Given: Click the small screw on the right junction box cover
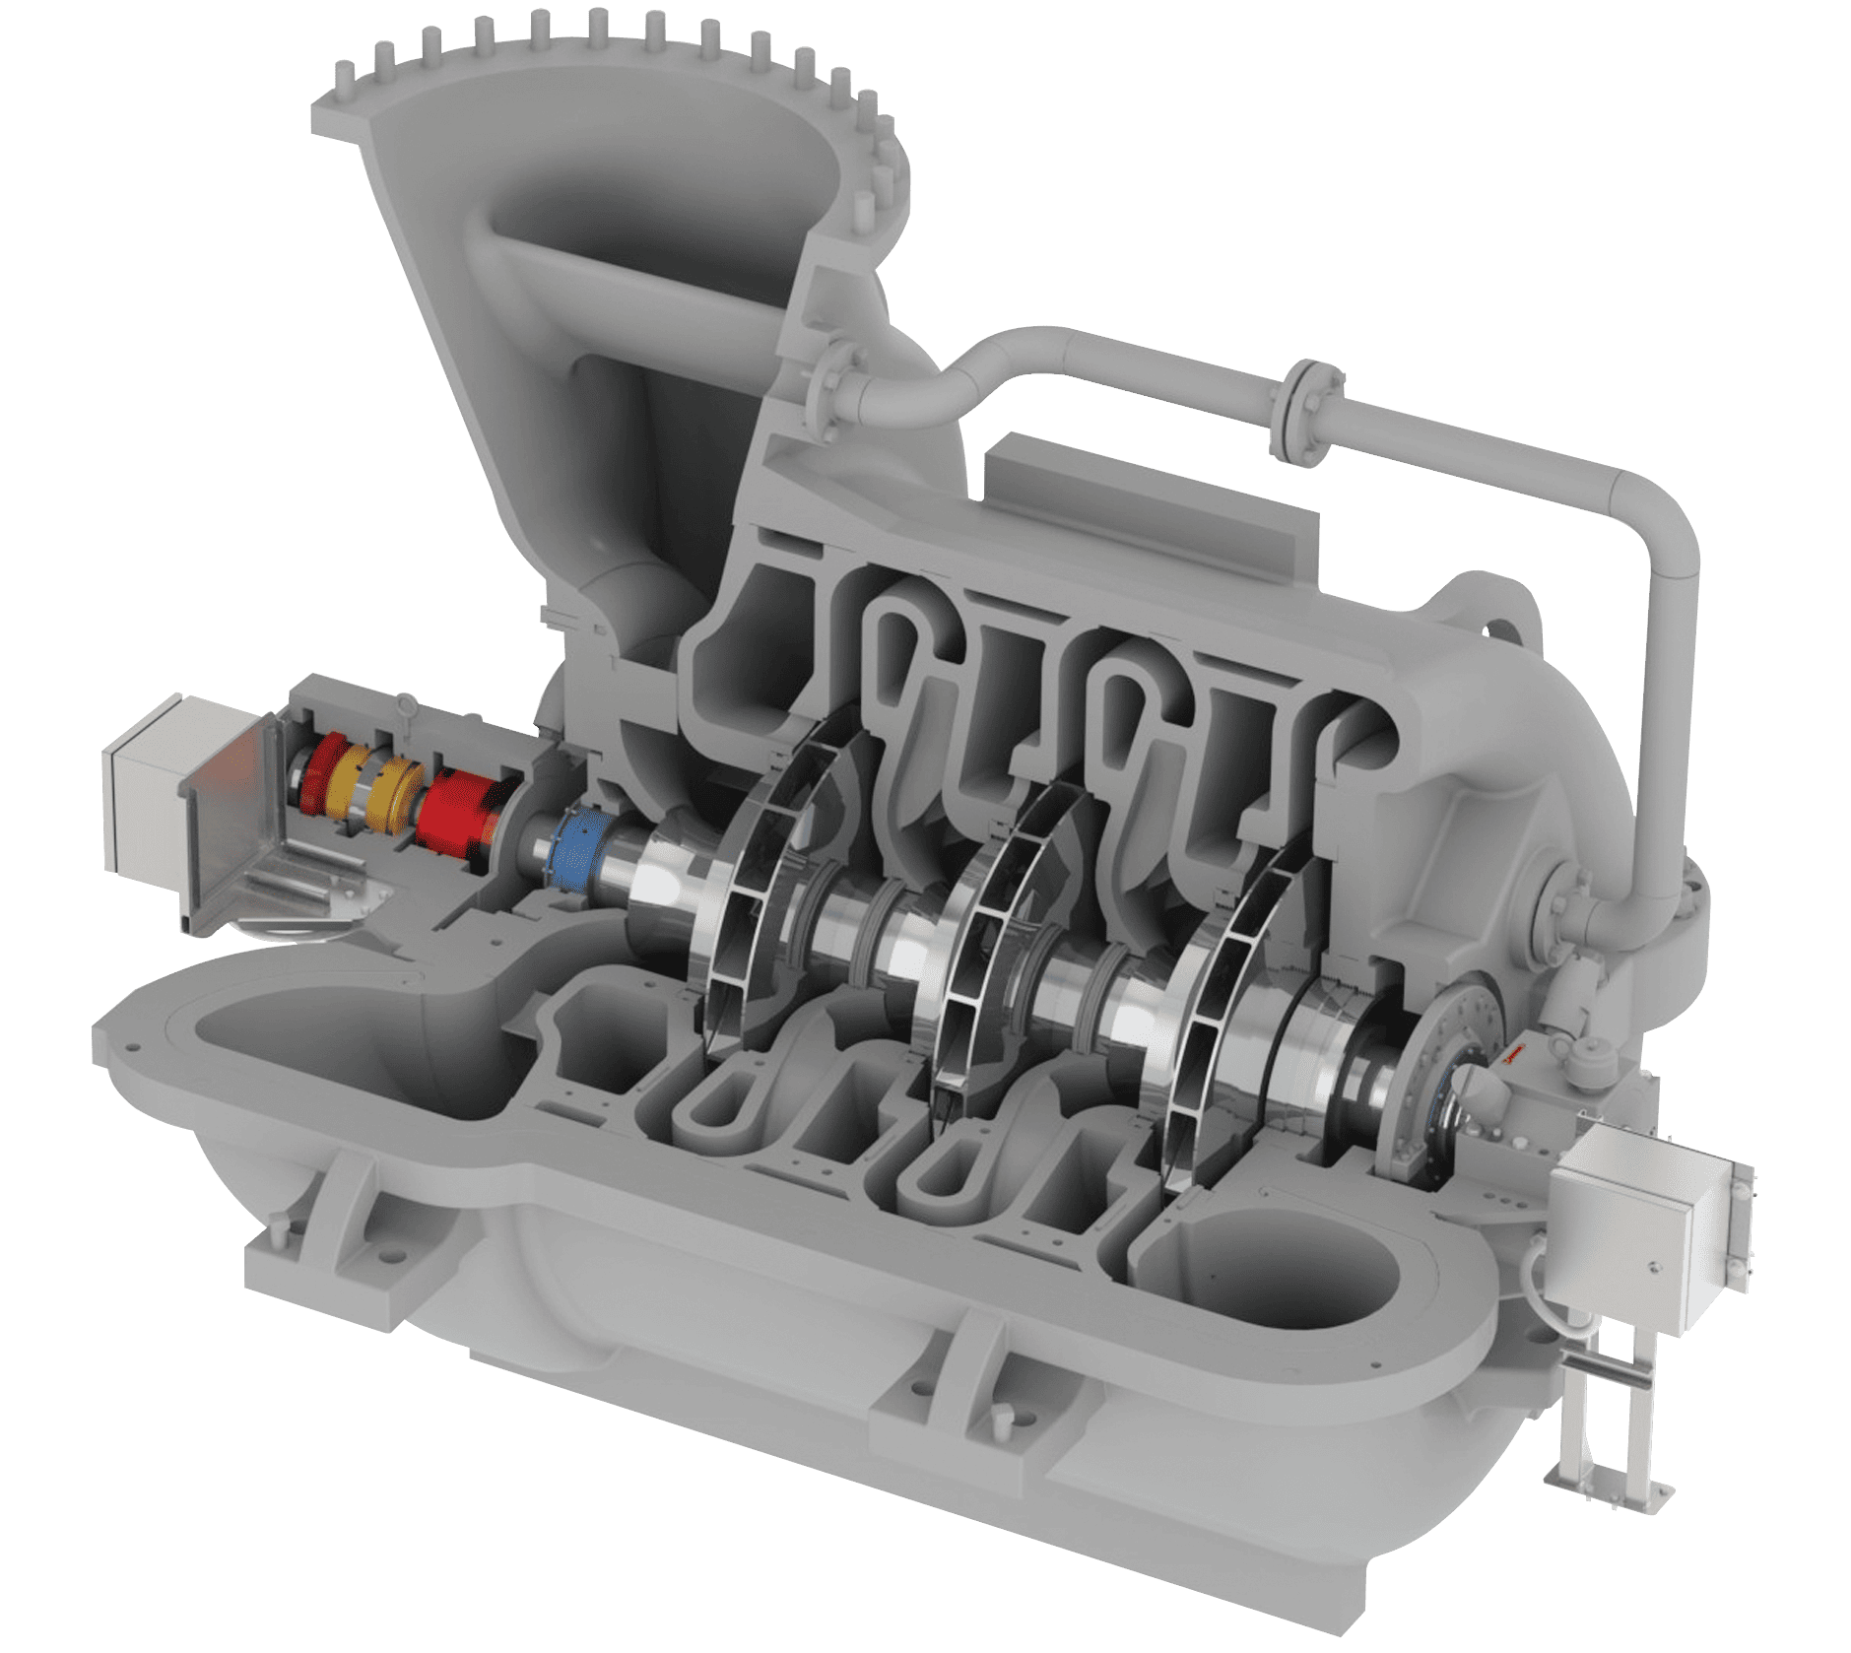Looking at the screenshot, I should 1648,1264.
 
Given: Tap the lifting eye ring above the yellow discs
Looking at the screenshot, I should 404,703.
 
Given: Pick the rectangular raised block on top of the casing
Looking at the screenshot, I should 1153,502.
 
